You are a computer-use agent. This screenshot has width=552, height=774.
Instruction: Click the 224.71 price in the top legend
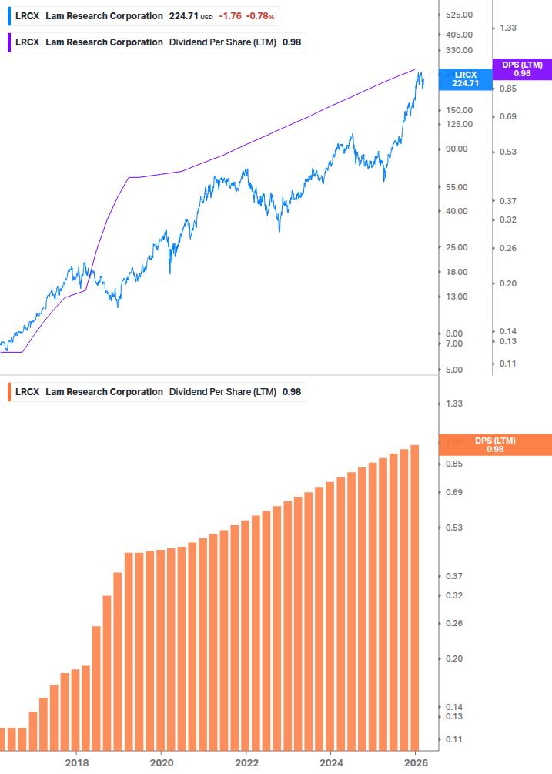pos(183,16)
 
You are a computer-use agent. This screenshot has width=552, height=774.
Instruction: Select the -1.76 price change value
pos(230,16)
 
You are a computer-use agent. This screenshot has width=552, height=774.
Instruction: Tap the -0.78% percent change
pos(260,16)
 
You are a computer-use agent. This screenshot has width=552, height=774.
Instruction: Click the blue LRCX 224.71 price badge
pos(465,79)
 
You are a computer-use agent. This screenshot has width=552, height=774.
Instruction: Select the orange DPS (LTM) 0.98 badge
pos(494,445)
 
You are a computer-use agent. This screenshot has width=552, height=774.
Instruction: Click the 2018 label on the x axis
pos(76,762)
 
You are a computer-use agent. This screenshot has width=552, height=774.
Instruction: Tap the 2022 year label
pos(246,762)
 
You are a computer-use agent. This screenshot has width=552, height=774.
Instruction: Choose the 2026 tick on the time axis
pos(415,762)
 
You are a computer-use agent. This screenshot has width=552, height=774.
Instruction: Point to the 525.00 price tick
pos(458,15)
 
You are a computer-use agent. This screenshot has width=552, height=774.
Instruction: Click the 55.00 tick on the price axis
pos(456,187)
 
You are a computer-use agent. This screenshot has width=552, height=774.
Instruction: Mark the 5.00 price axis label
pos(453,370)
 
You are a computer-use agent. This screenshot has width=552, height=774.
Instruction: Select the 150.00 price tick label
pos(458,110)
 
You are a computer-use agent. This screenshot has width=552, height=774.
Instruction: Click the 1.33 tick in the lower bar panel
pos(453,404)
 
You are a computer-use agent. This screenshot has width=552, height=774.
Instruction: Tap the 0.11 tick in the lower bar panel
pos(453,739)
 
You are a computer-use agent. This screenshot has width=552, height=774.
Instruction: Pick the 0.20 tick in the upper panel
pos(507,284)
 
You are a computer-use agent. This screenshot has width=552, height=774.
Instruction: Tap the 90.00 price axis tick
pos(456,149)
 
